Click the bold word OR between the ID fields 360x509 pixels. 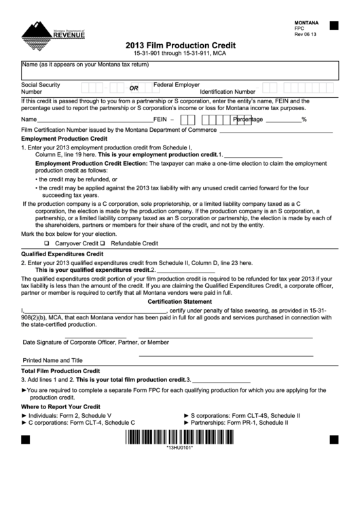pyautogui.click(x=134, y=88)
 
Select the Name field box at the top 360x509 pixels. pyautogui.click(x=179, y=71)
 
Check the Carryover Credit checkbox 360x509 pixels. pyautogui.click(x=47, y=243)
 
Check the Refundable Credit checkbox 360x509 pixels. pyautogui.click(x=103, y=243)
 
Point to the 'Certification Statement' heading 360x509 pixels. pyautogui.click(x=179, y=301)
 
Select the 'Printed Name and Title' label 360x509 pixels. pyautogui.click(x=53, y=360)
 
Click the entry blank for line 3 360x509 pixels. pyautogui.click(x=221, y=380)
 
